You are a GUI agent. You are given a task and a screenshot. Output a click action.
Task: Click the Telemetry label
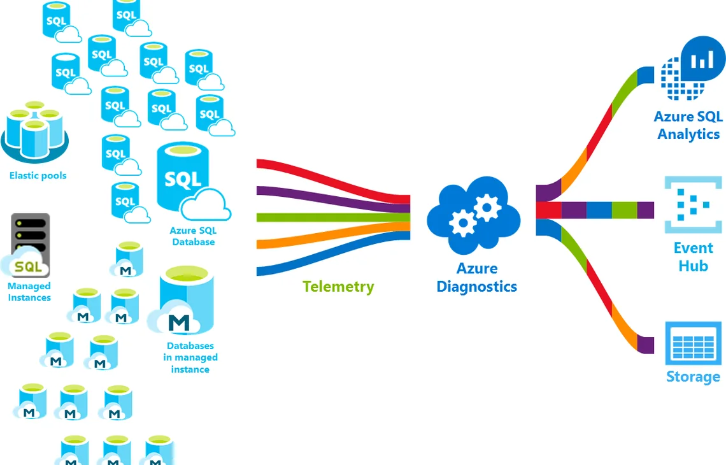338,287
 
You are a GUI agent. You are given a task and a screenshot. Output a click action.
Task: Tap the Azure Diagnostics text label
477,278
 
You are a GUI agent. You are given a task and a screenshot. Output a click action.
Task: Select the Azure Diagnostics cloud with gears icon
474,215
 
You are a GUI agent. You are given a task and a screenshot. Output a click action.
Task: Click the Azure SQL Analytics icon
692,68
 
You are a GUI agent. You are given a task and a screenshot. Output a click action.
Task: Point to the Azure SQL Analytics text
688,125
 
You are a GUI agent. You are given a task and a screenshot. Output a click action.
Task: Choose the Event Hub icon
693,204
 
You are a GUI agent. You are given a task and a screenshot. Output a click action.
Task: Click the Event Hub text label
693,257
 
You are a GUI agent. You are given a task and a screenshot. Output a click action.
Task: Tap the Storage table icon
693,344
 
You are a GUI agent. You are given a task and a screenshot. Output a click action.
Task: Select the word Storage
693,376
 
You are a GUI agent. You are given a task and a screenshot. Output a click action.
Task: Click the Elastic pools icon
35,132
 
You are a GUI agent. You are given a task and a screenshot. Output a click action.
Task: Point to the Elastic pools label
38,176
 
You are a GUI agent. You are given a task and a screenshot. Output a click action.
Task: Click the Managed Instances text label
29,292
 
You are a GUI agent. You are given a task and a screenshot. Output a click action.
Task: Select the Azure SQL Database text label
194,236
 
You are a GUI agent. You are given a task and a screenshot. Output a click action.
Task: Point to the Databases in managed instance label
190,357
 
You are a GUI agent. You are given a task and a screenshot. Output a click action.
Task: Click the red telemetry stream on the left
333,181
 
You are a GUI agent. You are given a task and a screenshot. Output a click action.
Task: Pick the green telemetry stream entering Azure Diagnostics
333,217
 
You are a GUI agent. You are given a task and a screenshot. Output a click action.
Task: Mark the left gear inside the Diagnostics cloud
462,223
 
